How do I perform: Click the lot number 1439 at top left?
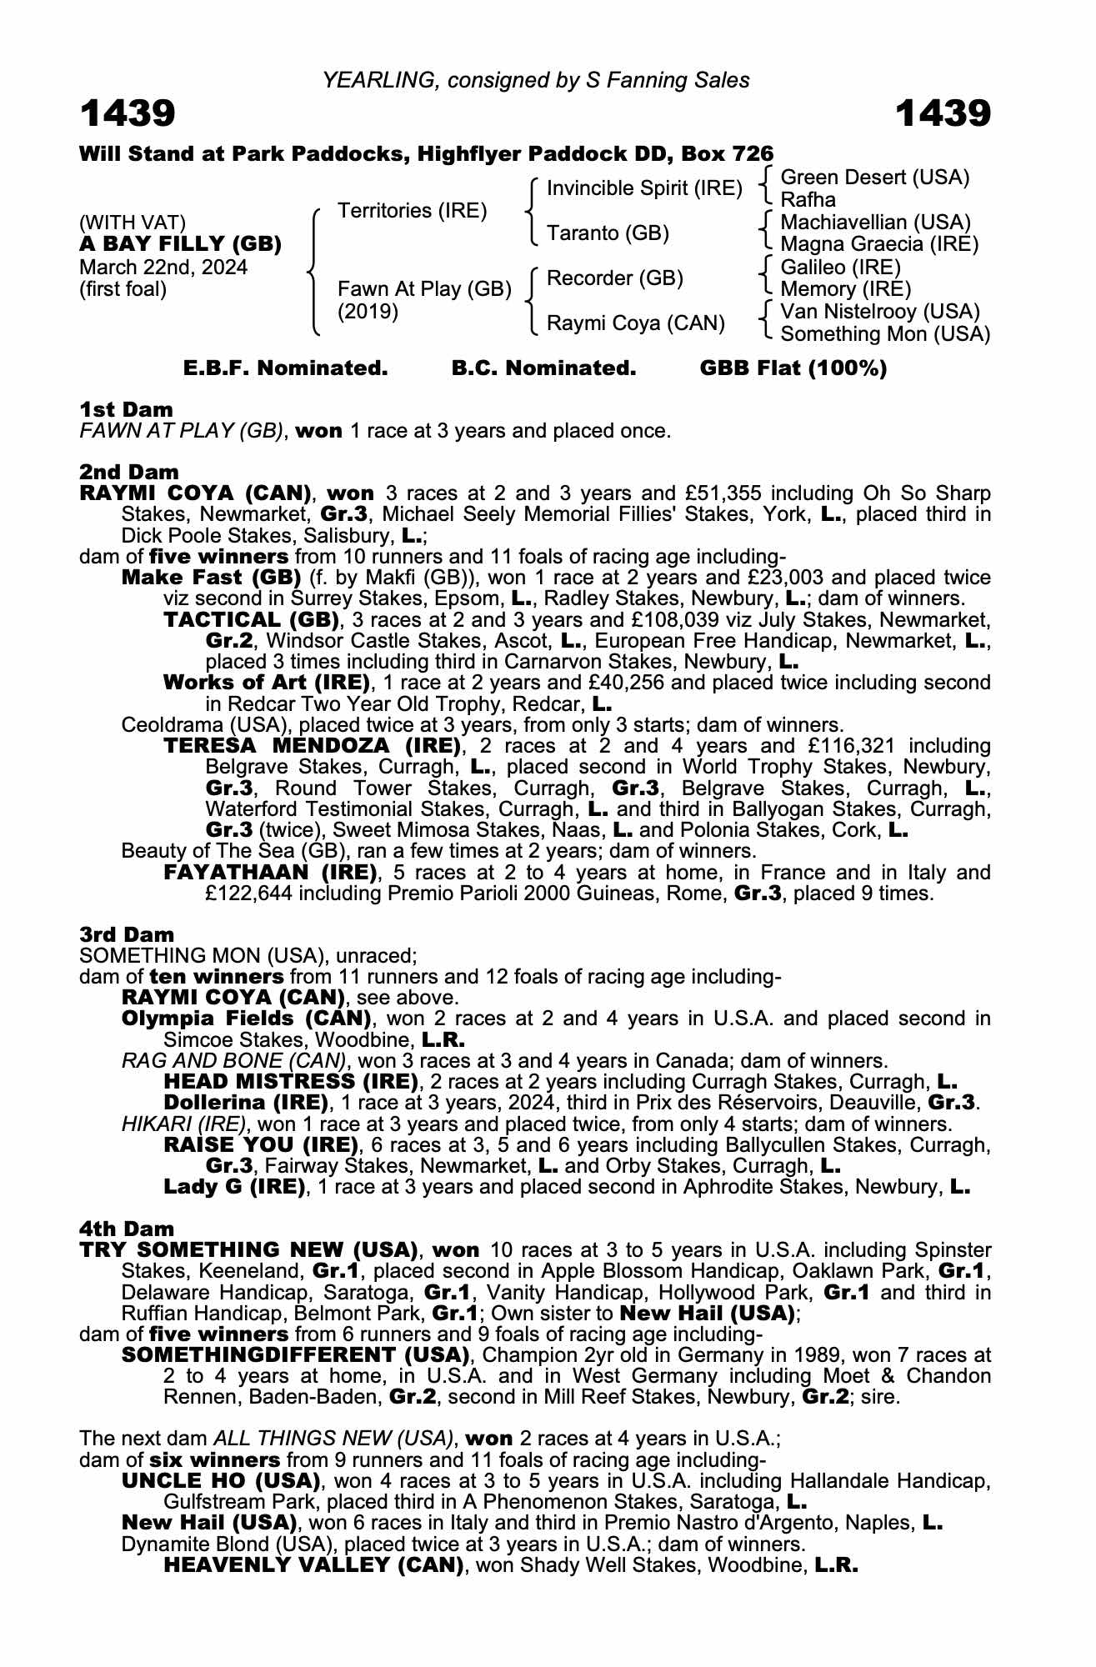click(x=128, y=113)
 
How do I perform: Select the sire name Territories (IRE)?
click(x=412, y=210)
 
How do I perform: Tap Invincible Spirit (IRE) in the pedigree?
click(x=643, y=188)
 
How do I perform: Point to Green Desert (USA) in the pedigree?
click(x=874, y=177)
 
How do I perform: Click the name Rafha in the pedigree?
click(x=808, y=199)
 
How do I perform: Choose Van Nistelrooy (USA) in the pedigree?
click(x=879, y=311)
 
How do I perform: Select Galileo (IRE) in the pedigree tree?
click(x=840, y=267)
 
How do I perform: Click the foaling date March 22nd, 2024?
click(x=163, y=267)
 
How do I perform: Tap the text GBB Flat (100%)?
click(x=793, y=368)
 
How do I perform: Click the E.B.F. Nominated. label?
click(x=285, y=368)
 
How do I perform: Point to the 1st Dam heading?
click(x=126, y=409)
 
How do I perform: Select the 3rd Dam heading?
click(x=127, y=934)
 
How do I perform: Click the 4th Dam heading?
click(x=127, y=1229)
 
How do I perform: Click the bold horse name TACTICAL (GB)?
click(x=252, y=619)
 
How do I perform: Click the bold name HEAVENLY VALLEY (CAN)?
click(x=313, y=1564)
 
